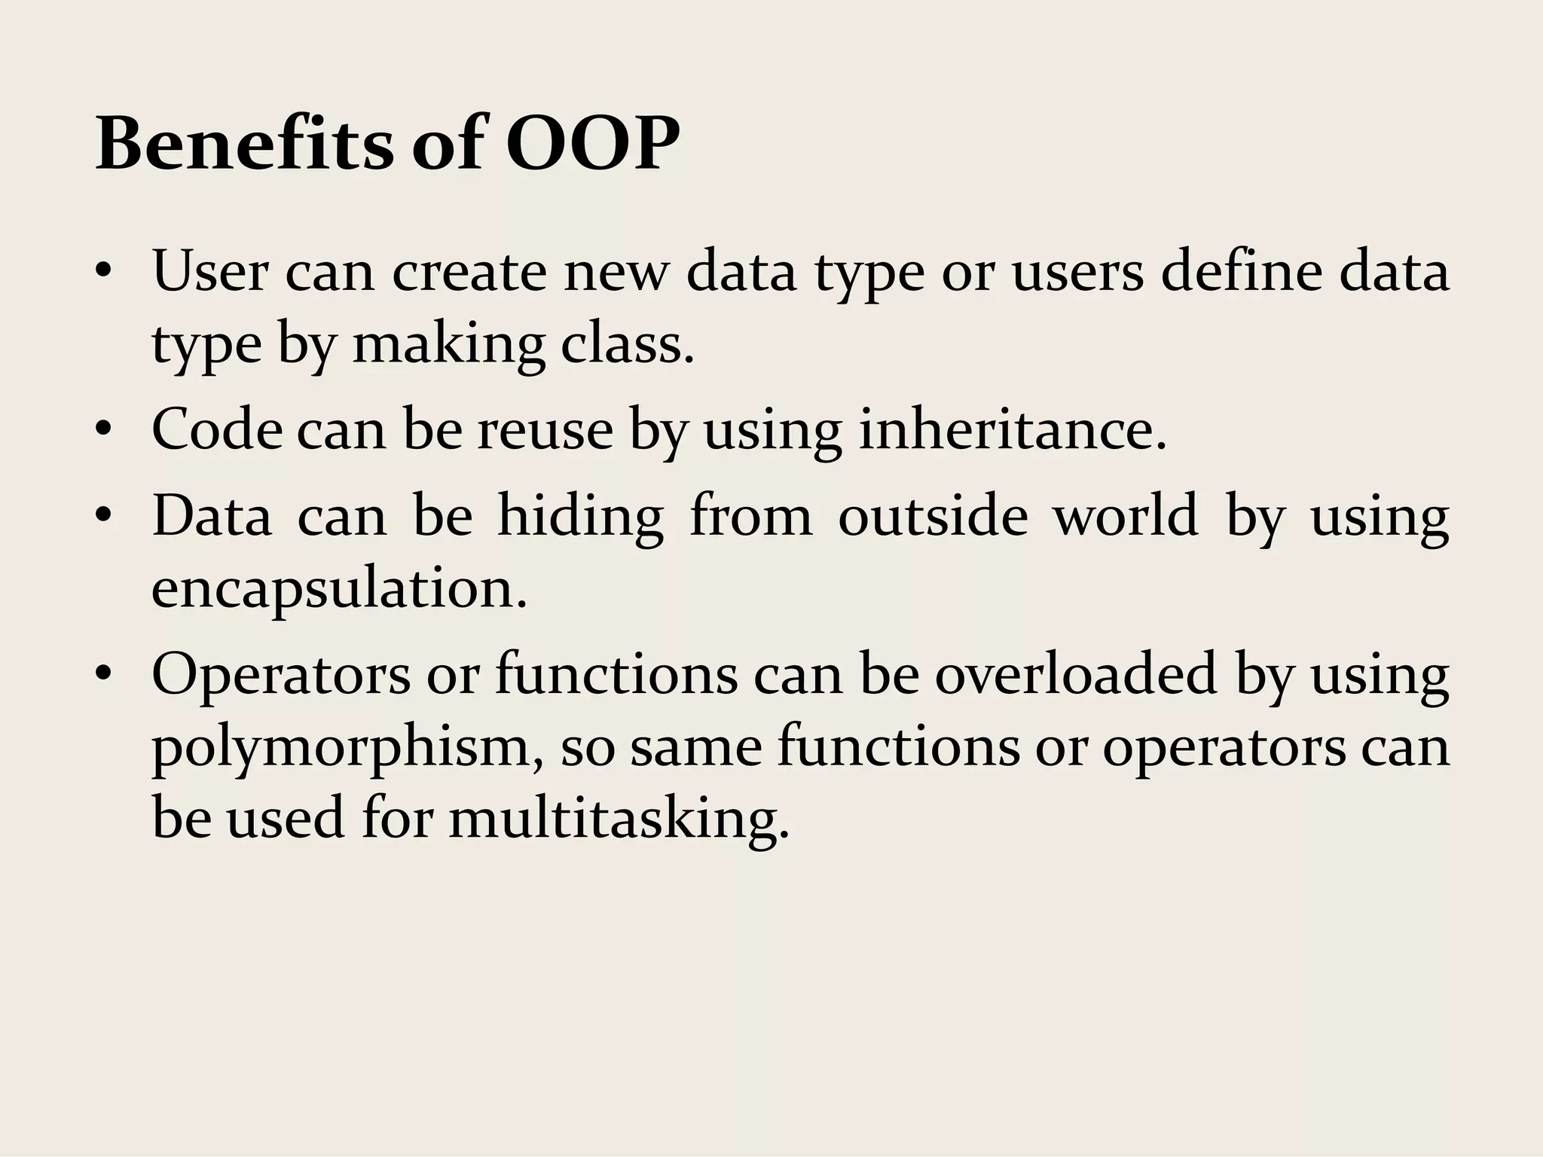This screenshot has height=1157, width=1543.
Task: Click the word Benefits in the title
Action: pos(244,143)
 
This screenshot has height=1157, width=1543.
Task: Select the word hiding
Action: pos(580,518)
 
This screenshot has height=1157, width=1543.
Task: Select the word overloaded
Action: pos(1076,673)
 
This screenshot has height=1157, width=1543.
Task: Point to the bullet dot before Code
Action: pos(103,431)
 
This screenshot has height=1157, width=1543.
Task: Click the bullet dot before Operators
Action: pos(103,673)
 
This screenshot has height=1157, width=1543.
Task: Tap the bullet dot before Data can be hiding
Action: pos(103,517)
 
